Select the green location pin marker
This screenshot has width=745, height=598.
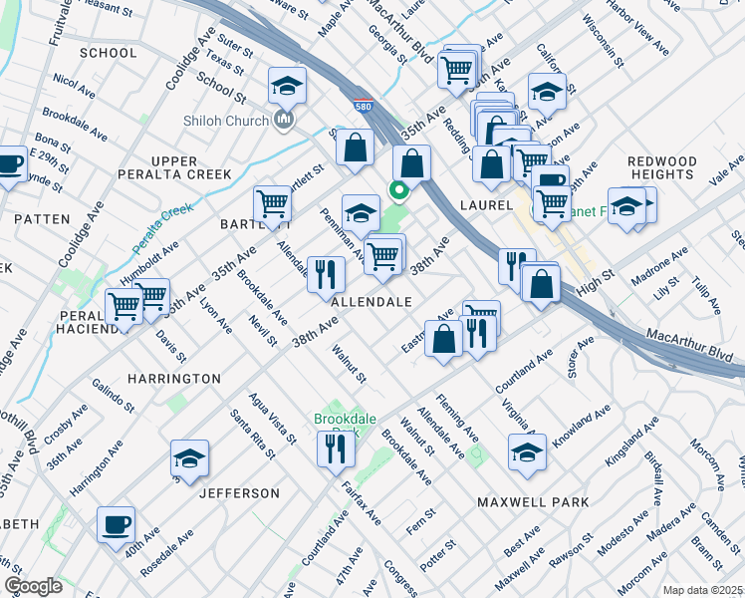(399, 190)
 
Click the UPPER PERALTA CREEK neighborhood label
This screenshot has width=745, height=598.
(190, 167)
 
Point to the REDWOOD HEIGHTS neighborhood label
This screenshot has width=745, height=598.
(662, 167)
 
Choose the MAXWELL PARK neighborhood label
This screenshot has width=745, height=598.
(533, 502)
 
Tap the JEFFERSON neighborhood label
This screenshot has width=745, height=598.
(239, 493)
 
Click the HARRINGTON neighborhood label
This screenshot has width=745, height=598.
(174, 379)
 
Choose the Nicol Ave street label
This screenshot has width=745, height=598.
(73, 81)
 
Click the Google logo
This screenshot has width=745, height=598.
(33, 586)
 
